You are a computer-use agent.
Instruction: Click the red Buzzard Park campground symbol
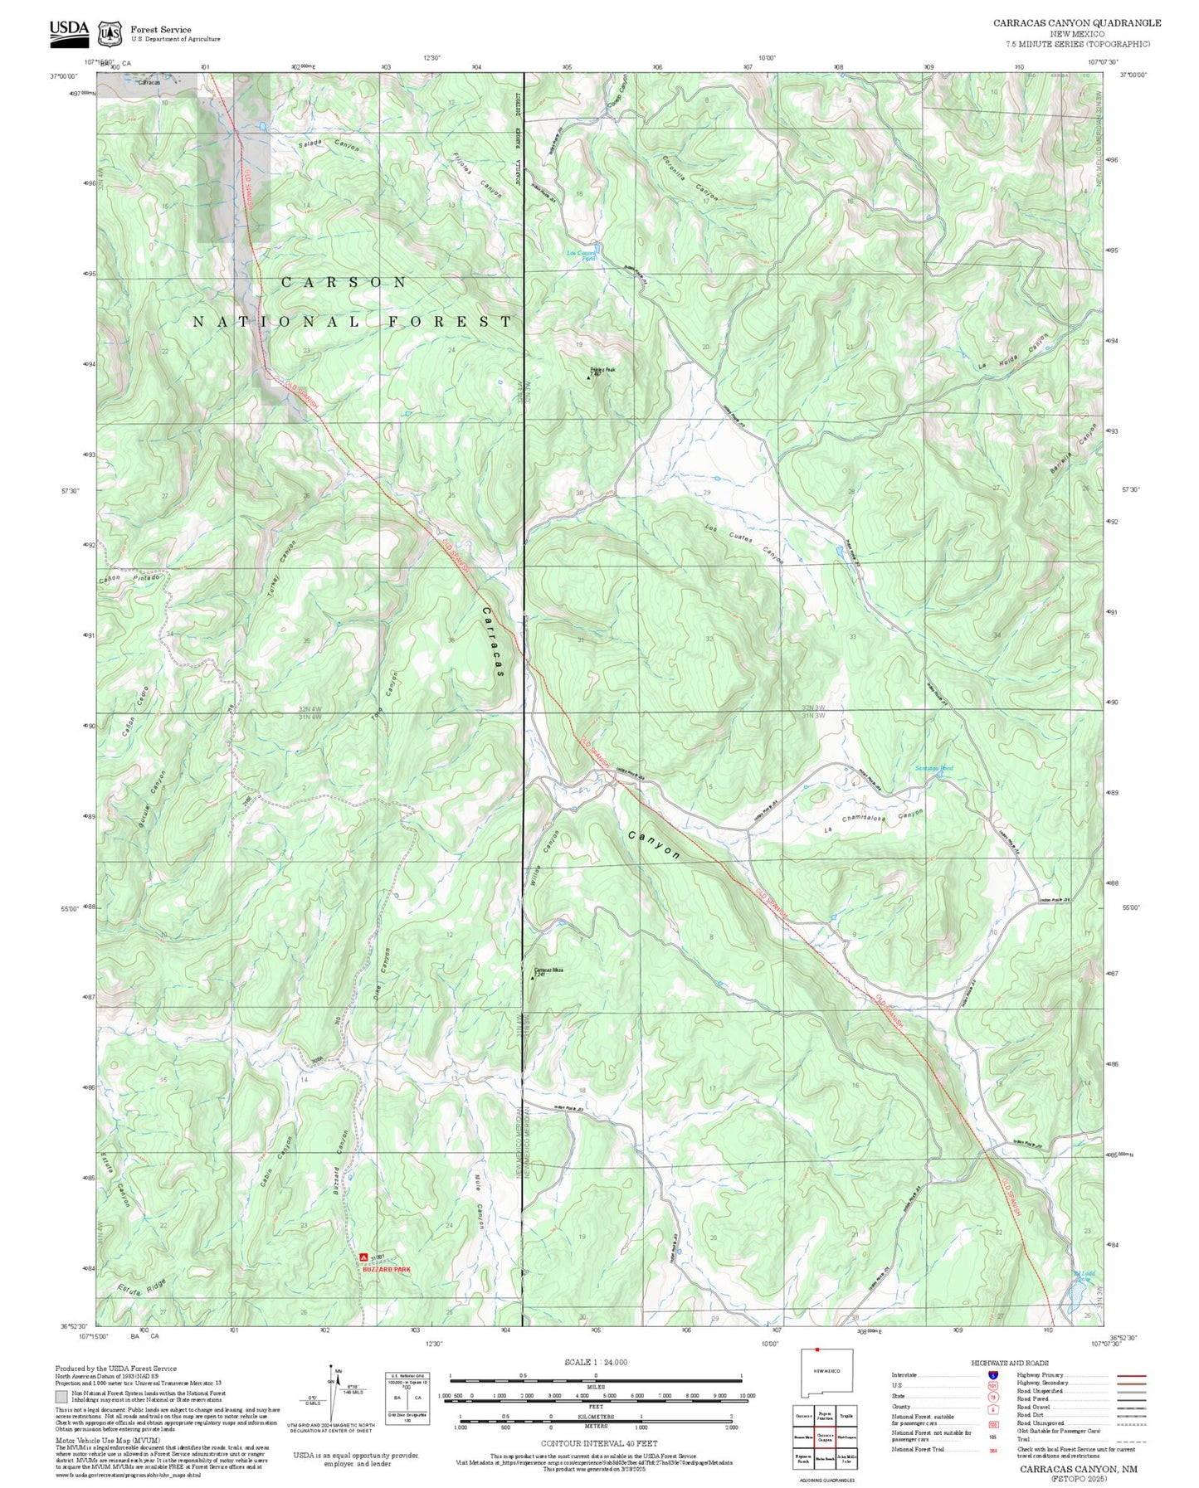tap(364, 1258)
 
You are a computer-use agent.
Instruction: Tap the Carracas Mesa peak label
tap(548, 969)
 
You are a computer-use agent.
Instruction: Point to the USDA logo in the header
tap(69, 30)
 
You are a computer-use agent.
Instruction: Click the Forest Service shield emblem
tap(110, 34)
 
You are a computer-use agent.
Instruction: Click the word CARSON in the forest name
tap(344, 283)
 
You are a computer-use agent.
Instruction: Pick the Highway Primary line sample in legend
tap(1131, 1375)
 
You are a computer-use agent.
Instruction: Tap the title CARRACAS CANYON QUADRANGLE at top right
tap(1076, 23)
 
